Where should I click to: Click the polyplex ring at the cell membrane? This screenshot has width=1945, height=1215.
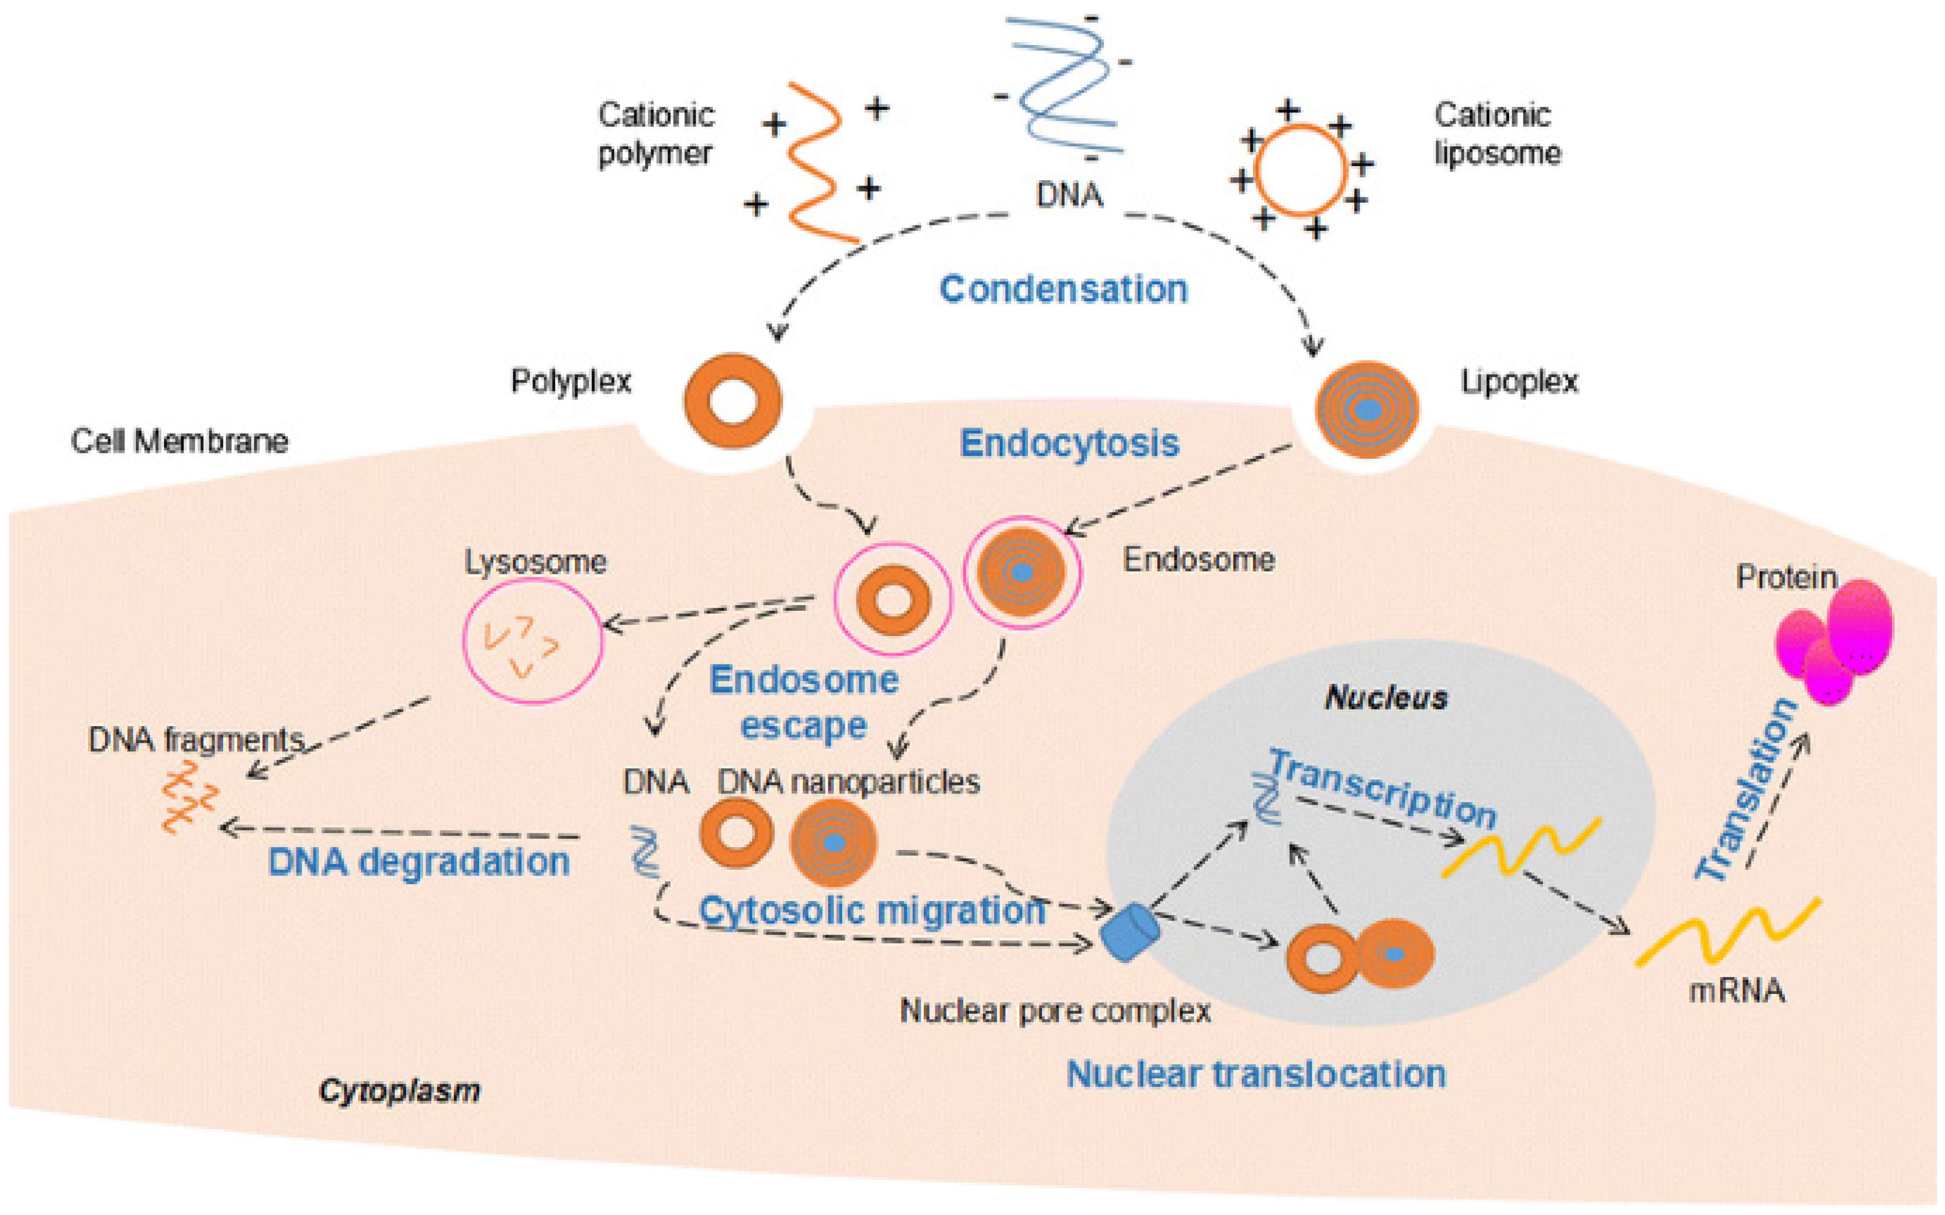click(732, 401)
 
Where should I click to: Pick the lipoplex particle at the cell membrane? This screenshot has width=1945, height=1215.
click(1366, 410)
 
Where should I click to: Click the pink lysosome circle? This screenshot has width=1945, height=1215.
click(532, 641)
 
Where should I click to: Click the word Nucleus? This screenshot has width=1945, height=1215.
click(1386, 697)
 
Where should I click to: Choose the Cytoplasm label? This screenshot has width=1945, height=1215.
click(399, 1090)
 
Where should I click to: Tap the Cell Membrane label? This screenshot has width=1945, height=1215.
click(179, 441)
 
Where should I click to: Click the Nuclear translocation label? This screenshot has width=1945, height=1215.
click(1255, 1075)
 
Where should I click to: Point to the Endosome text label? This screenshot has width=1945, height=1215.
click(1199, 560)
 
